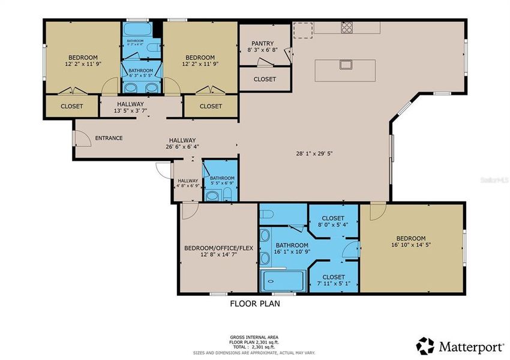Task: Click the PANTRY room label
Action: tap(263, 44)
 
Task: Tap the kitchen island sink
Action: tap(346, 64)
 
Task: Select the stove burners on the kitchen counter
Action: tap(347, 27)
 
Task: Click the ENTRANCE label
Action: tap(109, 138)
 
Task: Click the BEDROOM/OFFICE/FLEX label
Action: tap(219, 248)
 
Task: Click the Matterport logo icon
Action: tap(425, 346)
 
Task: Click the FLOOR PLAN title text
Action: tap(255, 304)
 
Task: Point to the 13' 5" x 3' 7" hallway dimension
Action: tap(130, 111)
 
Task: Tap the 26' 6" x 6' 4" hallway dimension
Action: tap(182, 146)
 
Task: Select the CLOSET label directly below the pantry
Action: tap(265, 79)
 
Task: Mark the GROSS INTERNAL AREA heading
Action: tap(254, 338)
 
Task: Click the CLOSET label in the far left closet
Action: tap(72, 106)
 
